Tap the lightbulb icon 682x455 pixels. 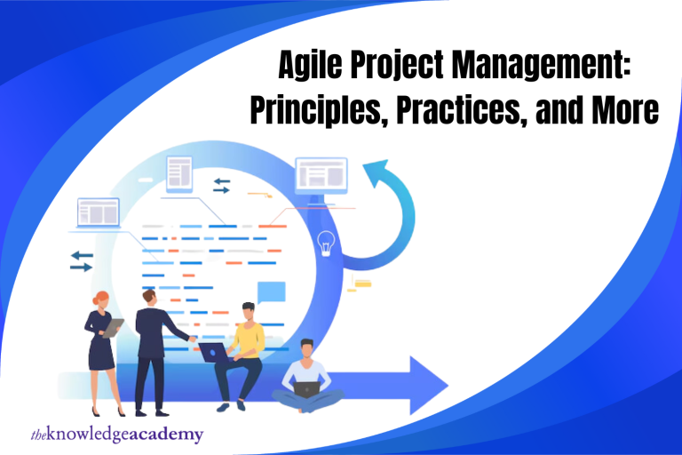pyautogui.click(x=326, y=243)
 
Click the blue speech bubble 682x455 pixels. pyautogui.click(x=272, y=292)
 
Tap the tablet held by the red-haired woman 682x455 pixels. pyautogui.click(x=113, y=328)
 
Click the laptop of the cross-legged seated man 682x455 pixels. pyautogui.click(x=306, y=390)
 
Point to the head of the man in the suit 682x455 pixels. pyautogui.click(x=149, y=299)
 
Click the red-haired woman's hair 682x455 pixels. pyautogui.click(x=100, y=298)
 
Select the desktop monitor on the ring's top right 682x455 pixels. pyautogui.click(x=321, y=176)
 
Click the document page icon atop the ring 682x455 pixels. pyautogui.click(x=179, y=174)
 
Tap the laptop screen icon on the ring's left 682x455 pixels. pyautogui.click(x=99, y=213)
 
